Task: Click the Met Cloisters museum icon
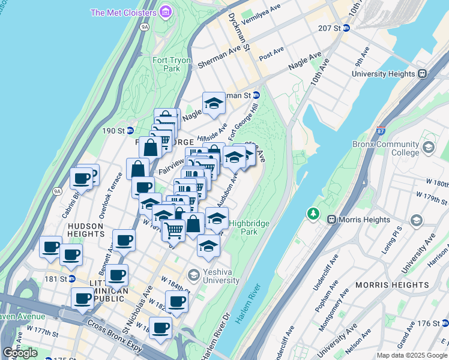tap(165, 12)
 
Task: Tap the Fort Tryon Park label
tap(166, 64)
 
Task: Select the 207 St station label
tap(334, 28)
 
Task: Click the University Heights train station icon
tap(422, 73)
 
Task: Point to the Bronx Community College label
tap(394, 148)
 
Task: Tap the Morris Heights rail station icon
tap(330, 220)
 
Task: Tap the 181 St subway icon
tap(71, 278)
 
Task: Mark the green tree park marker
tap(312, 213)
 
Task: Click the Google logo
tap(20, 353)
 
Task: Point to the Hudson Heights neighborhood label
tap(85, 230)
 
